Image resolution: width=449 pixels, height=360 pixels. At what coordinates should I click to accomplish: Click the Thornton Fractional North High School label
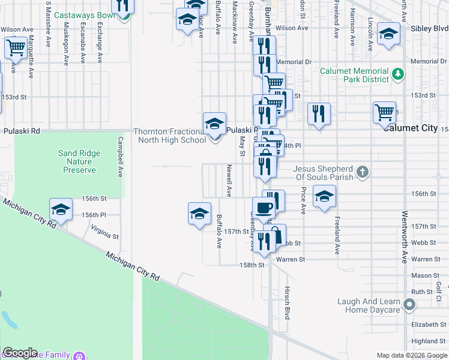point(169,136)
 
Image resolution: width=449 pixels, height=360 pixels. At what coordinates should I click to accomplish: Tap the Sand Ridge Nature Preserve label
point(79,161)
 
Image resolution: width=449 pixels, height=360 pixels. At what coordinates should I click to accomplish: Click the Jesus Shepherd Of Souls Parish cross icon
point(362,173)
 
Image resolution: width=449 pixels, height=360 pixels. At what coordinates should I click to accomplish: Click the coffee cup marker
point(264,208)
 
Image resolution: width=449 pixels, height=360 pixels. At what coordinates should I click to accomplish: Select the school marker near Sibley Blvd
point(388,35)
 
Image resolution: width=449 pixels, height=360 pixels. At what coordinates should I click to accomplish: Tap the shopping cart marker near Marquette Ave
point(16,47)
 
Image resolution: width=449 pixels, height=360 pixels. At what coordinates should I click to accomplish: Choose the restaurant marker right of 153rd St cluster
point(319,113)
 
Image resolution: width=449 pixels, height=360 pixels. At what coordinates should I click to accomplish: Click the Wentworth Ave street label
point(405,237)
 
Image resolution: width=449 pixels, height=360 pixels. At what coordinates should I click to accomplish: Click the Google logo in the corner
point(20,353)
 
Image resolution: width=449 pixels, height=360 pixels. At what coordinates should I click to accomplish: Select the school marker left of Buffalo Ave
point(199,214)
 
